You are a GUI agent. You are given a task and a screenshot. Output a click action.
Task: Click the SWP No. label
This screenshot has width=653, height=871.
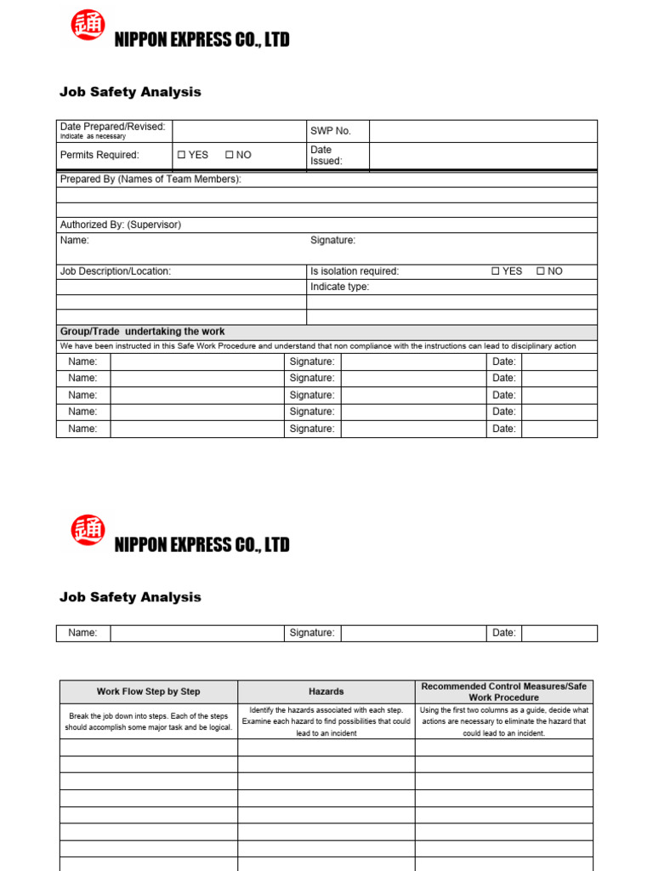[x=330, y=131]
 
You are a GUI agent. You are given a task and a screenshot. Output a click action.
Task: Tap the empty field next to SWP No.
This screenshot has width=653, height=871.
[x=483, y=131]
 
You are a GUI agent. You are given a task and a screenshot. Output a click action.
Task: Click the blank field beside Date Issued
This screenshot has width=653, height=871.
[x=483, y=155]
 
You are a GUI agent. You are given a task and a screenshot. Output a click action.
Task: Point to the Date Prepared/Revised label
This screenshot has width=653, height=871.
[x=112, y=127]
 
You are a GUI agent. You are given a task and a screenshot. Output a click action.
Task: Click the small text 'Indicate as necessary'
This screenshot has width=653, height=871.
[x=93, y=137]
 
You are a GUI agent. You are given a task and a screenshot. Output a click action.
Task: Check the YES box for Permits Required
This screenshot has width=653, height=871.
[x=181, y=155]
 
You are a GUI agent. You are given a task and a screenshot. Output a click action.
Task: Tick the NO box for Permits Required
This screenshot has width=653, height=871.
[x=229, y=155]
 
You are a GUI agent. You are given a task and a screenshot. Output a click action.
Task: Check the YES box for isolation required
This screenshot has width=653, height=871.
[x=496, y=271]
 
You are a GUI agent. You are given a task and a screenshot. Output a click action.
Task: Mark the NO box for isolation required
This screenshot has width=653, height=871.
[x=540, y=271]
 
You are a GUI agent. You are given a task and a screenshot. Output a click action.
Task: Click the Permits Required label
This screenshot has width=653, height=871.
[x=99, y=155]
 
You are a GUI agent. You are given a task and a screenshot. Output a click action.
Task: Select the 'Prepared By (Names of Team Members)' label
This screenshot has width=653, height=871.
[x=150, y=179]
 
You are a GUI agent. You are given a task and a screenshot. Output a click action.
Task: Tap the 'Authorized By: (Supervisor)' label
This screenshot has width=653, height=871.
[x=120, y=225]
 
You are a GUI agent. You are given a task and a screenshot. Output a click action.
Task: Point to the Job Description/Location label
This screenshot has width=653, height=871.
[x=115, y=271]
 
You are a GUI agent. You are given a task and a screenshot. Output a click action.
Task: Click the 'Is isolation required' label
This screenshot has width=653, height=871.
[x=355, y=271]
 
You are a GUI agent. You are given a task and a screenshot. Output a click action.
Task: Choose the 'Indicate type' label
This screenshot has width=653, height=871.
[x=339, y=287]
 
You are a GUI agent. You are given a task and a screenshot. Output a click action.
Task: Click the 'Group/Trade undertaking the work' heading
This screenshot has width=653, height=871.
[x=142, y=332]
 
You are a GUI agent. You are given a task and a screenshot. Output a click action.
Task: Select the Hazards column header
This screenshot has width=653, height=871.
[x=326, y=692]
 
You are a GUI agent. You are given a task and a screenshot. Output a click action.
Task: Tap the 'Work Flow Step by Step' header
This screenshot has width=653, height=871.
[x=149, y=692]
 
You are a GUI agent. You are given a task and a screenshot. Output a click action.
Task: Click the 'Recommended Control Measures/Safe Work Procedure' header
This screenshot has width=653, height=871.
[x=504, y=692]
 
